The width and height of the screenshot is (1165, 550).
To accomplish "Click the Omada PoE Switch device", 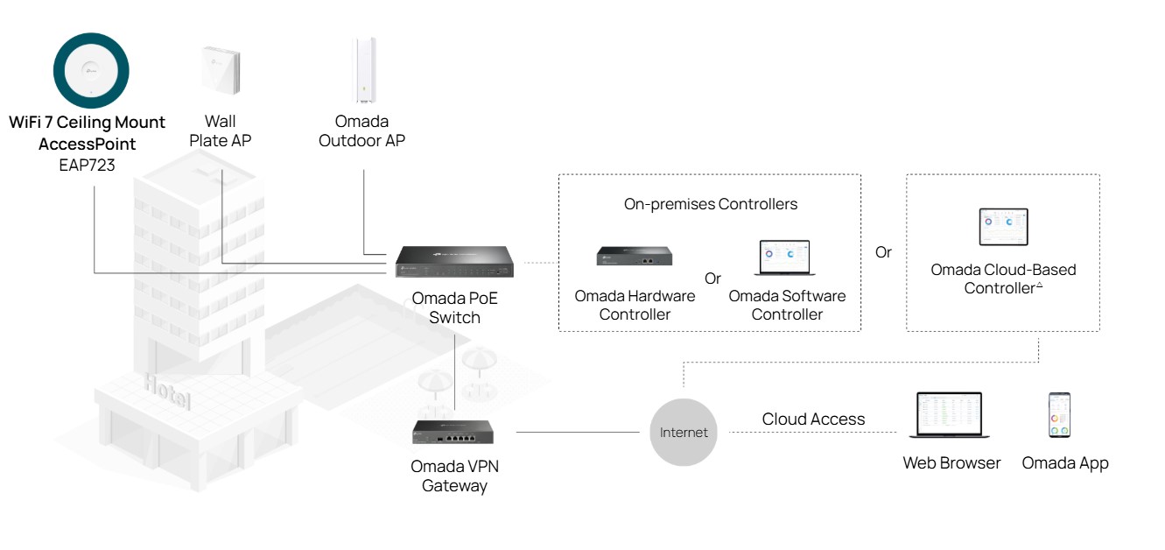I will click(x=454, y=261).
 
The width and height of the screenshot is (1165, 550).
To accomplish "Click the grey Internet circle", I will click(x=684, y=432).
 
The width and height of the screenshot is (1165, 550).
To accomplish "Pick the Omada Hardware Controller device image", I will click(x=635, y=256).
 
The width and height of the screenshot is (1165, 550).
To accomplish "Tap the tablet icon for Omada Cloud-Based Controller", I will click(x=1003, y=227).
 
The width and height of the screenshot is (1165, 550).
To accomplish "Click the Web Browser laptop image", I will click(x=950, y=415).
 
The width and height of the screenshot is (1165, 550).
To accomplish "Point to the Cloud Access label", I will click(x=813, y=420).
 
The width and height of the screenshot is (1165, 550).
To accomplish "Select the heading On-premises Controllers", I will click(x=710, y=205).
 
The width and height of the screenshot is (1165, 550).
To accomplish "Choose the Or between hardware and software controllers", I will click(x=712, y=279).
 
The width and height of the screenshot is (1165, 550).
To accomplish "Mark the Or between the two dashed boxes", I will click(x=883, y=252).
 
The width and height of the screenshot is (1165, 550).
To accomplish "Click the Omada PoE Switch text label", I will click(x=454, y=308).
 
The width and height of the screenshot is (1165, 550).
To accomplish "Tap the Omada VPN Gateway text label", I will click(x=454, y=476).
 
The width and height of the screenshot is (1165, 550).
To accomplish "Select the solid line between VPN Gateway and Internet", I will click(x=578, y=432).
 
